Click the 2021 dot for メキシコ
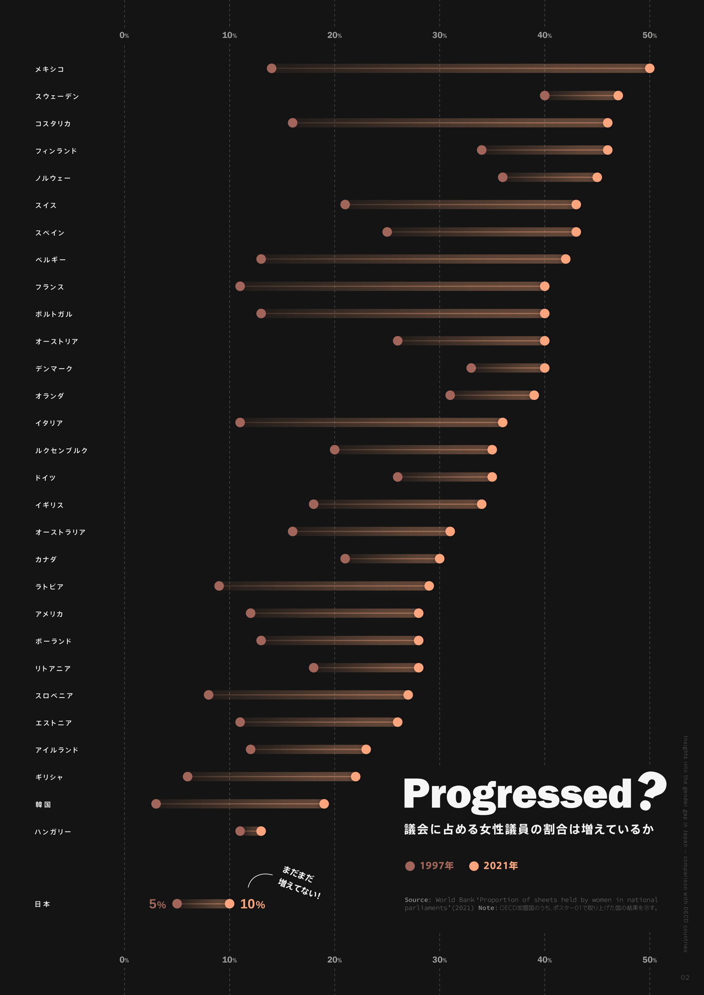tap(650, 69)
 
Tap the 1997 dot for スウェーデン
tap(545, 96)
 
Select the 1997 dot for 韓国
tap(156, 804)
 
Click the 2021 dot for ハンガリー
tap(261, 831)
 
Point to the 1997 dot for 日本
tap(177, 904)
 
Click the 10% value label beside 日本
tap(253, 904)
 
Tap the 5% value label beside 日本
tap(157, 904)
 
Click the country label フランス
tap(50, 287)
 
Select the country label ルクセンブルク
tap(61, 450)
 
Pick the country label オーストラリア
tap(60, 532)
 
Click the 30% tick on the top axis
tap(440, 35)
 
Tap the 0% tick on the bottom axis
tap(124, 960)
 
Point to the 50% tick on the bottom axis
tap(650, 960)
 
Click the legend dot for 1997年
tap(410, 866)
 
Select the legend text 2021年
tap(500, 866)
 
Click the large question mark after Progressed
tap(652, 792)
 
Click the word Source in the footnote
tap(417, 900)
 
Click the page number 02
tap(685, 978)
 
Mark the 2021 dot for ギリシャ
tap(356, 777)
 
